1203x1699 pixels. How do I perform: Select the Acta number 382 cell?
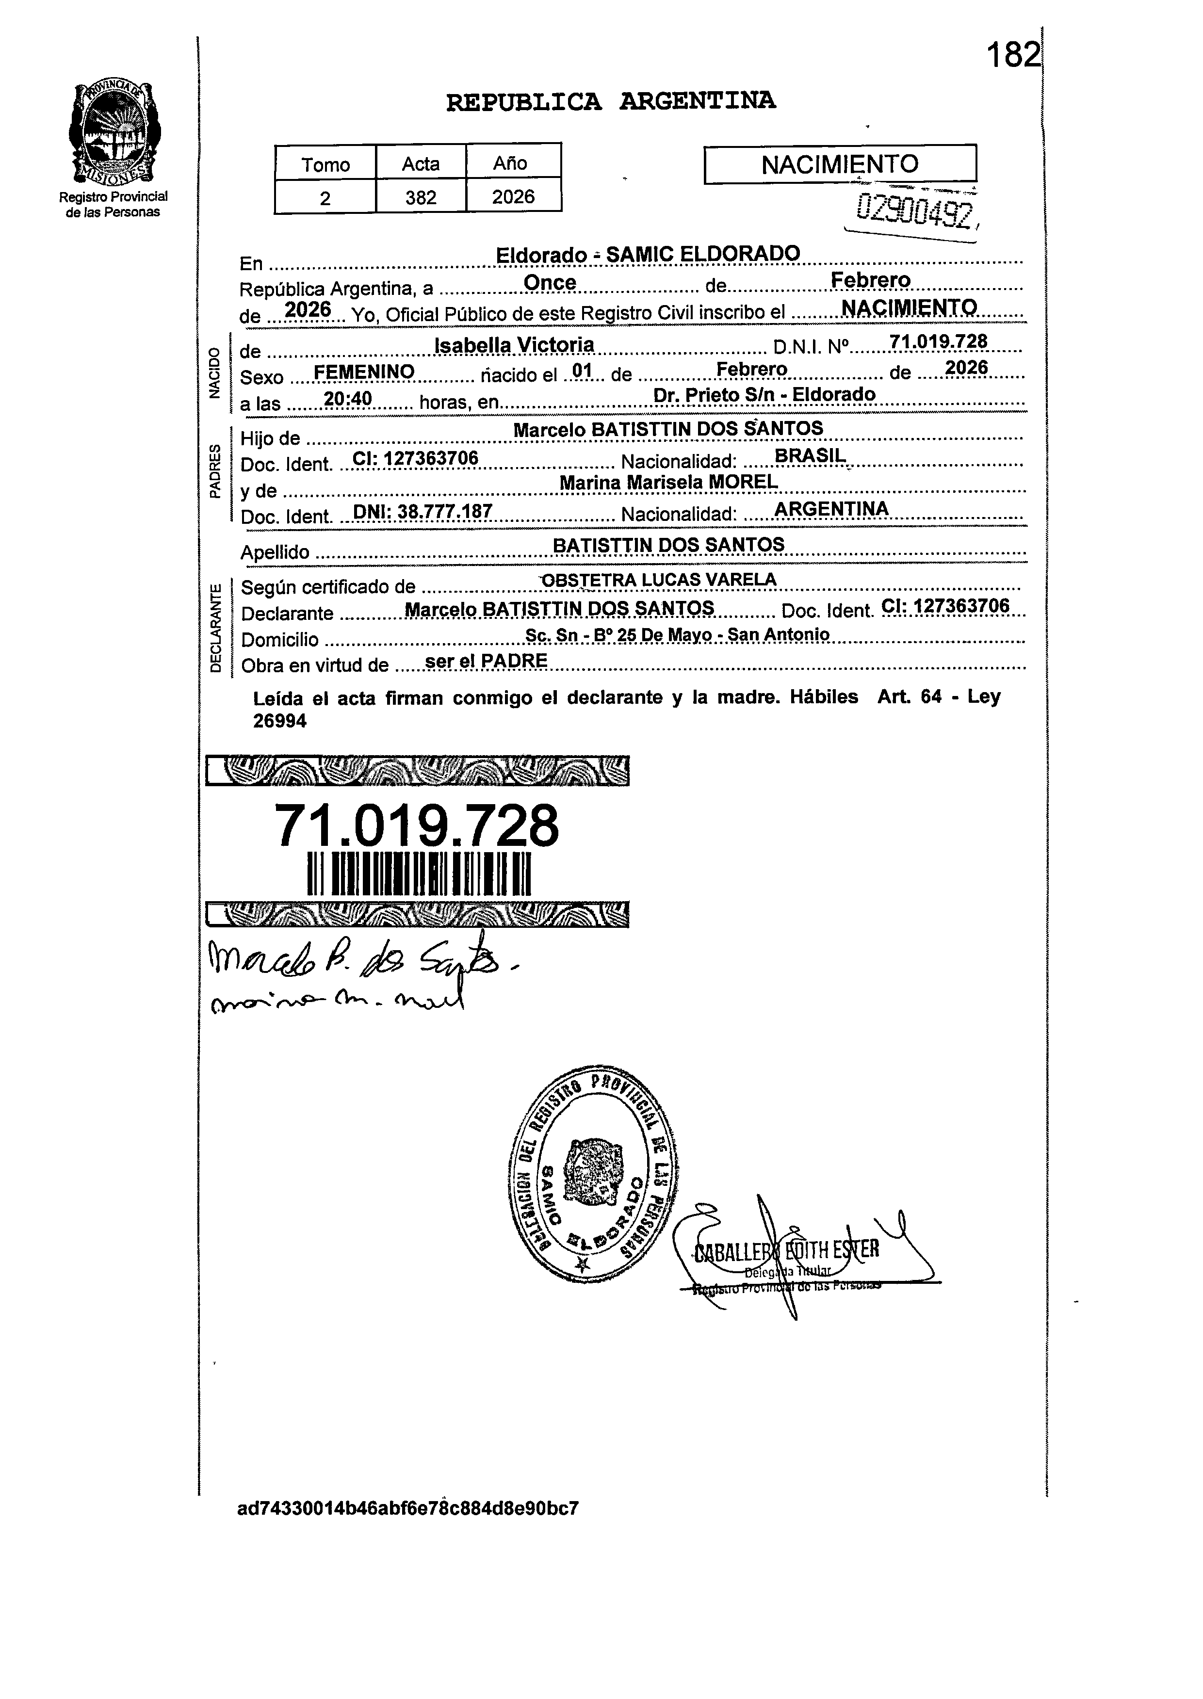point(420,197)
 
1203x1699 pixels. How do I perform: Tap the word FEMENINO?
point(364,372)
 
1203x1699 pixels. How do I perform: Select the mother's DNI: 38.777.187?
point(422,511)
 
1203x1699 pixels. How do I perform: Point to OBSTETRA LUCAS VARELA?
point(659,580)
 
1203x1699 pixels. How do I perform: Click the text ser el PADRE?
point(486,661)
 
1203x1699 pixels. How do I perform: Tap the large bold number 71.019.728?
point(417,826)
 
